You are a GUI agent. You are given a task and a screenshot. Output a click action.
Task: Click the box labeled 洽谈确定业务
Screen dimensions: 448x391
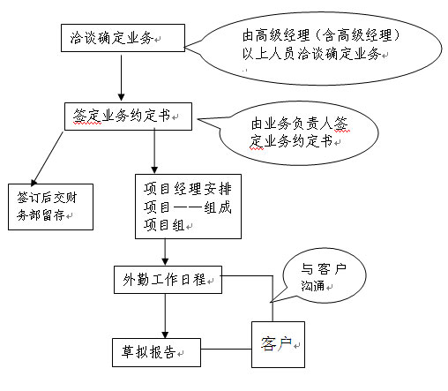tap(123, 38)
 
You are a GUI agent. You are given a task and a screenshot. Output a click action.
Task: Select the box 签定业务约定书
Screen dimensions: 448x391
tap(128, 117)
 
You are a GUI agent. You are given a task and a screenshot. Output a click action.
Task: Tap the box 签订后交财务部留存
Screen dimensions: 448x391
tap(50, 207)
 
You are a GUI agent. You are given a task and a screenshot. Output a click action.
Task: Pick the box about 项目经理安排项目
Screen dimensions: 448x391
tap(188, 207)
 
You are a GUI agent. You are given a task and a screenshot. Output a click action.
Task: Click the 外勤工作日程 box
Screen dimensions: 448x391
tap(168, 280)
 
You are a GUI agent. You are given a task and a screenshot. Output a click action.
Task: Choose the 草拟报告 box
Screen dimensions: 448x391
tap(156, 352)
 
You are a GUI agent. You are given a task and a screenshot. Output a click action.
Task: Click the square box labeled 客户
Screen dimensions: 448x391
tap(278, 344)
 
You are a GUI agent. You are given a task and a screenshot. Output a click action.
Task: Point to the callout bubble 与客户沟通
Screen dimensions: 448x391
tap(324, 276)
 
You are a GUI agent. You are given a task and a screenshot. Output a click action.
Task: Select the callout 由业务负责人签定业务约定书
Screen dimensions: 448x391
tap(298, 133)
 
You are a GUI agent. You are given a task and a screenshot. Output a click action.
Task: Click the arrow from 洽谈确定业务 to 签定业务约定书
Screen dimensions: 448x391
tap(121, 78)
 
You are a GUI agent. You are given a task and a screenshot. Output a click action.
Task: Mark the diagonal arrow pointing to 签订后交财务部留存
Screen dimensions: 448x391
tap(48, 159)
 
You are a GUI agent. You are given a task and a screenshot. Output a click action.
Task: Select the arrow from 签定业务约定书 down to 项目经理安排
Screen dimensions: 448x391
tap(154, 151)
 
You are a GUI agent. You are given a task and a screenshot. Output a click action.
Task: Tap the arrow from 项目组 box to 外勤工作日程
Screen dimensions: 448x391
tap(165, 252)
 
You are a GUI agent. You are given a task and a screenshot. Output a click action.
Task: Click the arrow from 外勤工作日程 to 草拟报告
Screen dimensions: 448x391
tap(165, 316)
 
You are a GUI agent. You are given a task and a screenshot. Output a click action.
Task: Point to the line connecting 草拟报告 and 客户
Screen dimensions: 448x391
tap(227, 350)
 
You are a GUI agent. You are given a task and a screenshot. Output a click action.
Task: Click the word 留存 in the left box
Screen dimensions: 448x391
tap(53, 215)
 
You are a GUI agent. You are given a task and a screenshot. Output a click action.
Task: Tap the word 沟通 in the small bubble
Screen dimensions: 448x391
tap(312, 286)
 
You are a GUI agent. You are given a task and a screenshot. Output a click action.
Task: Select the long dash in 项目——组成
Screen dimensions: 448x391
tap(187, 207)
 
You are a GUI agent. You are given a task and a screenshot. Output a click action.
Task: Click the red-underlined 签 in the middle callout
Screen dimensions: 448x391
tap(340, 124)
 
